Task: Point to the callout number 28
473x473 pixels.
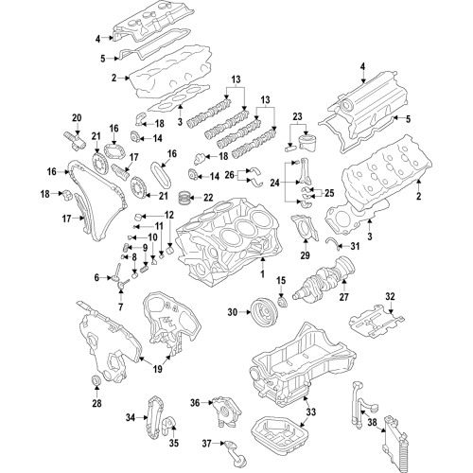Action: (x=96, y=405)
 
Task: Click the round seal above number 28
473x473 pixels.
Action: (x=96, y=382)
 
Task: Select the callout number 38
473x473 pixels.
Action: (x=373, y=423)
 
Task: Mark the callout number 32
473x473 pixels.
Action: (x=390, y=298)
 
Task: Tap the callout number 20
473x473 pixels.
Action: (x=77, y=118)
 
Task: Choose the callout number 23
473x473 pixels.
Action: (x=298, y=118)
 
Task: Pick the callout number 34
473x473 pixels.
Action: (x=131, y=416)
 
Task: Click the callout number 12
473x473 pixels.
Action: (x=170, y=216)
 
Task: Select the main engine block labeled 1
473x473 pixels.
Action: (x=222, y=246)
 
